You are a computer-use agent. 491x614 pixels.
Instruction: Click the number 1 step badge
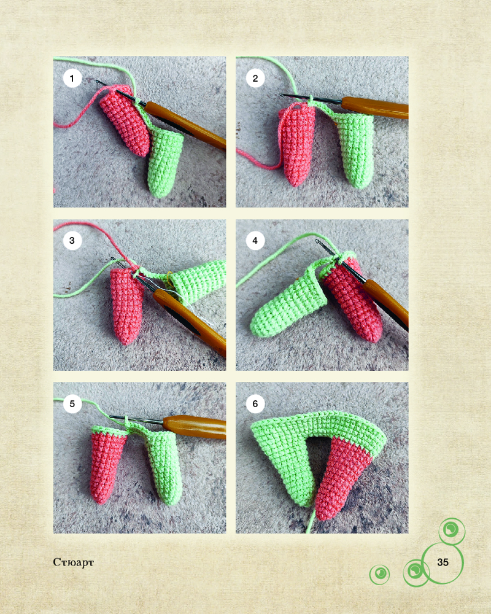pos(72,79)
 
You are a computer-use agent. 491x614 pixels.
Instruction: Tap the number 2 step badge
pos(255,79)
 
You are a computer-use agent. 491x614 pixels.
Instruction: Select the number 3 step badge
pos(72,241)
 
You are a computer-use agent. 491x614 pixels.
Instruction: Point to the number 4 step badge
pos(255,241)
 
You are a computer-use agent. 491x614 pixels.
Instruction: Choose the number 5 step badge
pos(72,404)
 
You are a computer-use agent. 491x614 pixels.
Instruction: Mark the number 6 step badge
pos(255,404)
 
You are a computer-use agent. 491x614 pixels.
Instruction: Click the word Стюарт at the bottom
pos(73,562)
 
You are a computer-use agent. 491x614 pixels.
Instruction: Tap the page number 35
pos(443,562)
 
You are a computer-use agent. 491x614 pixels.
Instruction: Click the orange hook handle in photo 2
pos(375,107)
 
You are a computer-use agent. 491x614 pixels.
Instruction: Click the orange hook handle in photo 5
pos(195,427)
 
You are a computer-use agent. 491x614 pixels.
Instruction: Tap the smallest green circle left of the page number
pos(379,575)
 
